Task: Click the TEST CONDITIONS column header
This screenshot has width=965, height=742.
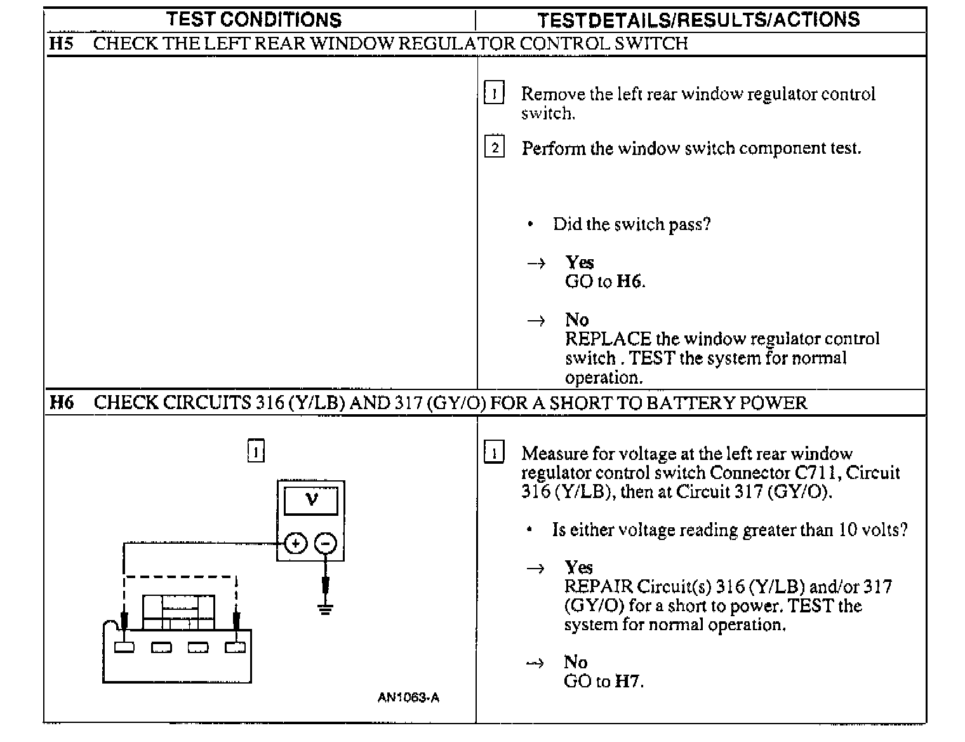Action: [x=254, y=20]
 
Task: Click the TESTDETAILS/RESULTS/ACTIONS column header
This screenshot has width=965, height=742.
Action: [x=698, y=20]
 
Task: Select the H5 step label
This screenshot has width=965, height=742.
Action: [x=61, y=44]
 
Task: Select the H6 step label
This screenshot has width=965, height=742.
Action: [x=62, y=403]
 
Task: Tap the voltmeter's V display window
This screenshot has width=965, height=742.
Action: [x=311, y=500]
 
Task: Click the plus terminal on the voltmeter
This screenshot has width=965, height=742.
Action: [x=295, y=544]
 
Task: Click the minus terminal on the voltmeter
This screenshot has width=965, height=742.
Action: [x=326, y=544]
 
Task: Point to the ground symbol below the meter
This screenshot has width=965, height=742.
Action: [x=326, y=610]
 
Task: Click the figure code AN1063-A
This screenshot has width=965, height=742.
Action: [x=408, y=698]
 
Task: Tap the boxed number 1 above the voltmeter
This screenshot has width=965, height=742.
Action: [x=255, y=452]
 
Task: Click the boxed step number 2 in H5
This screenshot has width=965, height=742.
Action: [x=495, y=148]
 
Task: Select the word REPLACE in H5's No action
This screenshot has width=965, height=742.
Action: [x=608, y=339]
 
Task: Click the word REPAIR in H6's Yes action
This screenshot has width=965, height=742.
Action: [x=597, y=586]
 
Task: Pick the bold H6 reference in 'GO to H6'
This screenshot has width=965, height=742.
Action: [x=629, y=281]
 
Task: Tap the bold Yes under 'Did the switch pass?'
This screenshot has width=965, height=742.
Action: [x=580, y=262]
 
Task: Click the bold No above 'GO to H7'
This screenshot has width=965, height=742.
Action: [x=575, y=663]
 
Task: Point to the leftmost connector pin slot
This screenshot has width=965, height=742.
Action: [x=124, y=648]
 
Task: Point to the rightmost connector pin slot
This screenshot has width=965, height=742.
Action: [x=235, y=648]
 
